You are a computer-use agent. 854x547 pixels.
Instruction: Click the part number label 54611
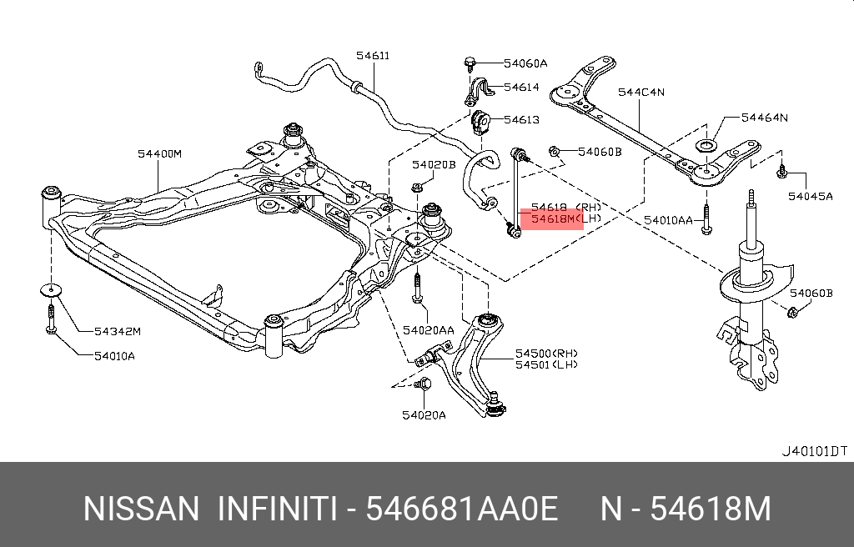pyautogui.click(x=372, y=56)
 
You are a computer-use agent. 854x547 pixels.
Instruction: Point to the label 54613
pyautogui.click(x=521, y=120)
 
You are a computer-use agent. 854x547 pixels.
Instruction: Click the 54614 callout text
pyautogui.click(x=521, y=87)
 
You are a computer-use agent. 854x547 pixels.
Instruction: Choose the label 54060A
pyautogui.click(x=525, y=63)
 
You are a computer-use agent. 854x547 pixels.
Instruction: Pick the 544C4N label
pyautogui.click(x=640, y=93)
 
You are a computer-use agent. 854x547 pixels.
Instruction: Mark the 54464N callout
pyautogui.click(x=764, y=118)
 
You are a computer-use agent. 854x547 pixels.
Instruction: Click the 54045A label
pyautogui.click(x=811, y=197)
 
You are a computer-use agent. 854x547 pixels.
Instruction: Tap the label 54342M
pyautogui.click(x=117, y=332)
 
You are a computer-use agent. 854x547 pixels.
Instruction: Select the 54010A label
pyautogui.click(x=113, y=356)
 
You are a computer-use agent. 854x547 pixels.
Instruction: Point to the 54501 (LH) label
pyautogui.click(x=545, y=364)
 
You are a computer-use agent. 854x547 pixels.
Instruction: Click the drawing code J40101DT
pyautogui.click(x=813, y=451)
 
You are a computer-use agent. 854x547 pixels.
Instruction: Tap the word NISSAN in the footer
pyautogui.click(x=141, y=508)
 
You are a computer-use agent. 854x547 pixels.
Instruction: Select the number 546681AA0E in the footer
pyautogui.click(x=462, y=508)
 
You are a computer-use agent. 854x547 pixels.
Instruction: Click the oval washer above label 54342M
pyautogui.click(x=52, y=289)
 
